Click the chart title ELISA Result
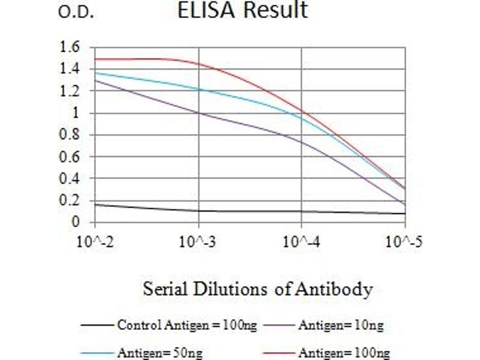pyautogui.click(x=242, y=10)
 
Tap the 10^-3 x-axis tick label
pyautogui.click(x=198, y=242)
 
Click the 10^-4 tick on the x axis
pyautogui.click(x=301, y=242)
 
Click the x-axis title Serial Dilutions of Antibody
pyautogui.click(x=257, y=289)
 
